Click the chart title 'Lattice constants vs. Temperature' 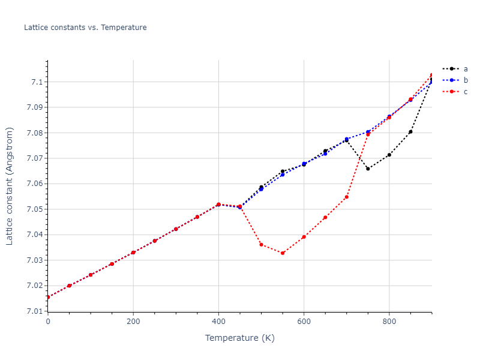pos(85,28)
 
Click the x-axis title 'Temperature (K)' pos(239,338)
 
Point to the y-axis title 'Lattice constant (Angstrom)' pos(10,185)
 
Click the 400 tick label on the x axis pos(218,322)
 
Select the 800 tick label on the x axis pos(389,322)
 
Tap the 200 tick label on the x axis pos(133,322)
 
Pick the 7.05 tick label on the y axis pos(33,209)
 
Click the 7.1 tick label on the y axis pos(35,82)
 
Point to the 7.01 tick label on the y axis pos(33,311)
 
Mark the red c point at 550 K pos(283,253)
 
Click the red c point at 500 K pos(261,245)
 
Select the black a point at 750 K pos(368,169)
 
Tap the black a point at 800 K pos(389,155)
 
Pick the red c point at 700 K pos(347,197)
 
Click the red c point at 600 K pos(304,237)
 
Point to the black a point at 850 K pos(410,132)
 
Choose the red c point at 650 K pos(325,217)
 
